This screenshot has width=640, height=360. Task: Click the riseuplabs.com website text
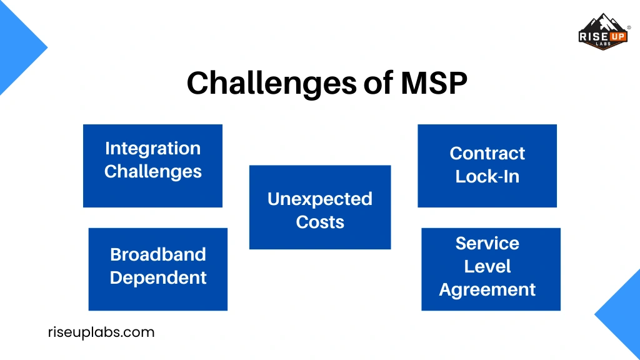click(x=101, y=332)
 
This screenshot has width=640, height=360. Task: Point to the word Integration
click(x=152, y=149)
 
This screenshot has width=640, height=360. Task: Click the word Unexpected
click(x=319, y=199)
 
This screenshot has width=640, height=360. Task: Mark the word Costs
click(x=320, y=222)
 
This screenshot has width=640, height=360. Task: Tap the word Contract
click(x=487, y=154)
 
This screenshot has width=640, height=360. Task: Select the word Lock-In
click(x=487, y=177)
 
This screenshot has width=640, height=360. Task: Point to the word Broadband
click(x=157, y=254)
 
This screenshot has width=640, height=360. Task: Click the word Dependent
click(x=158, y=277)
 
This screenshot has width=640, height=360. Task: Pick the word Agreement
click(x=487, y=290)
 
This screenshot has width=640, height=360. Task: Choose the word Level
click(x=487, y=267)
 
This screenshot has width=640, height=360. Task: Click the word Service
click(x=487, y=244)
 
